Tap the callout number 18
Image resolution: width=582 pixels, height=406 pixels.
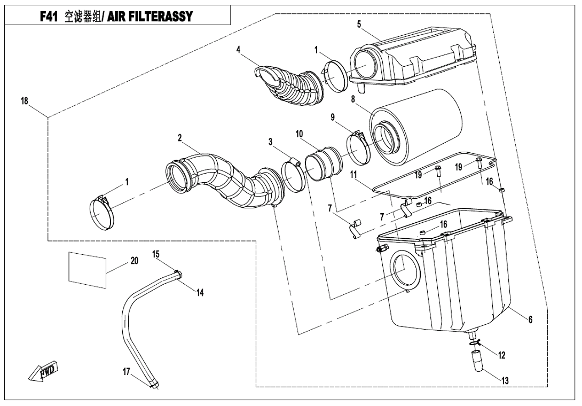pos(25,101)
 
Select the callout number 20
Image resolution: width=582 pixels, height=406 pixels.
pos(135,261)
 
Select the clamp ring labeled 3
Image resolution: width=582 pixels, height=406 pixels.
pos(293,176)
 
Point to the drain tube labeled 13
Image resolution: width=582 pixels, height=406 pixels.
pos(477,360)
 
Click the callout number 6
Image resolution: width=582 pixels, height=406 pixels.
pos(530,319)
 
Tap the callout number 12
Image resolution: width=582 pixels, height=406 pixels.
pos(501,355)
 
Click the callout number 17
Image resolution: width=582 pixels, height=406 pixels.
pos(127,371)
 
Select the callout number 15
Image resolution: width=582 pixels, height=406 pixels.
pos(156,254)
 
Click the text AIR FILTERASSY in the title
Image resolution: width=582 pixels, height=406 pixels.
pos(150,17)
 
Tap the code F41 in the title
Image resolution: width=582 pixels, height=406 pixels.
pos(49,17)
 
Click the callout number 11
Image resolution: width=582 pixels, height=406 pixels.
pos(353,174)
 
